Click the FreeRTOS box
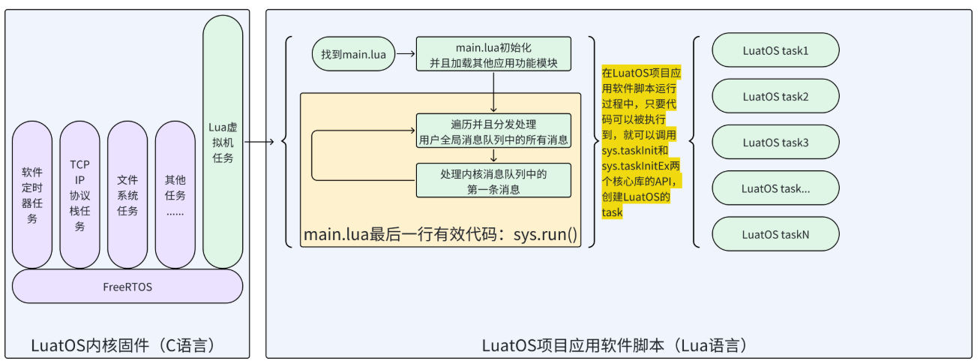[127, 287]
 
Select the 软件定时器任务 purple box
[32, 194]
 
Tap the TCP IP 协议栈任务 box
[79, 194]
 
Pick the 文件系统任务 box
[127, 194]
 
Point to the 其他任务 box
[175, 194]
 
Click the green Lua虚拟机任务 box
[223, 142]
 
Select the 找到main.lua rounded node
[353, 55]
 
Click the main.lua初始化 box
[493, 55]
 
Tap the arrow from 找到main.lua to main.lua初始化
[406, 55]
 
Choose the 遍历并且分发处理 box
[493, 131]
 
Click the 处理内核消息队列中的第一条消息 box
[493, 181]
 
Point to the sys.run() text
[545, 235]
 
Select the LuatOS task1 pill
[775, 51]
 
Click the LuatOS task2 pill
[775, 96]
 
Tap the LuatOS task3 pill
[775, 142]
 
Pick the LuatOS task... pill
[775, 188]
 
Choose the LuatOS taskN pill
[775, 234]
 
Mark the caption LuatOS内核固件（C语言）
[124, 345]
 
